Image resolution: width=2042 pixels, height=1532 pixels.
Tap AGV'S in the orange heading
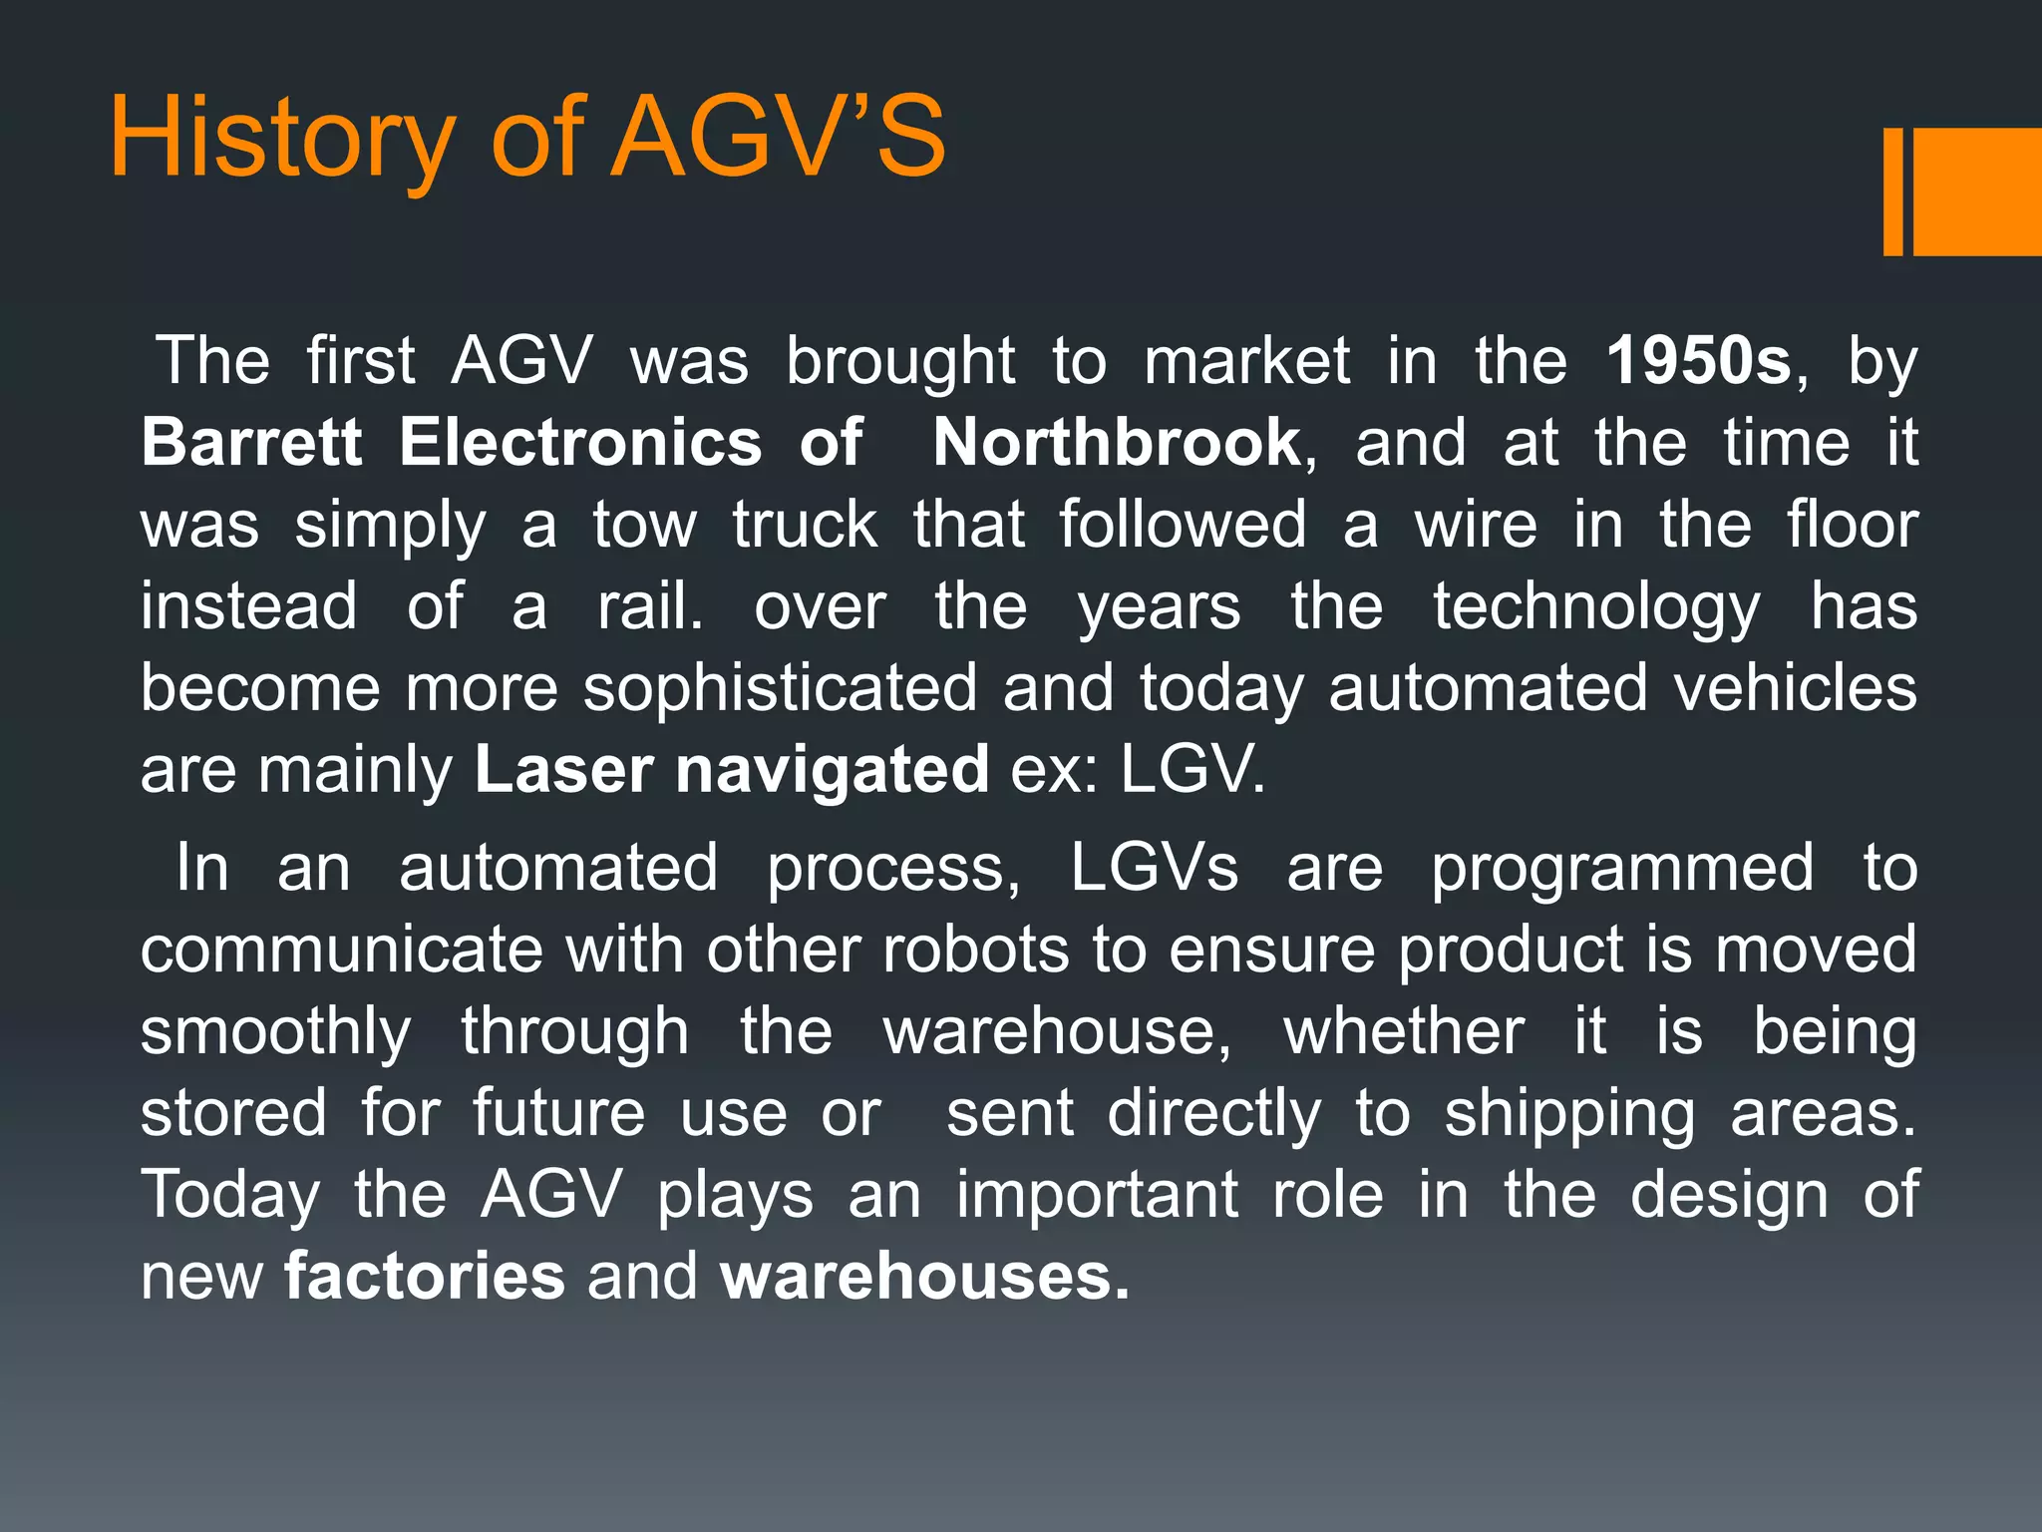(778, 137)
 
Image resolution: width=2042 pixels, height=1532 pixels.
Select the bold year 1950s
(1698, 361)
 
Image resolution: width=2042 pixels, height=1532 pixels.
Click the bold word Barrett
(251, 443)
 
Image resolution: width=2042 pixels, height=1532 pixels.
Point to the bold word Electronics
(580, 443)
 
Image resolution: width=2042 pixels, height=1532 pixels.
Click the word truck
(805, 525)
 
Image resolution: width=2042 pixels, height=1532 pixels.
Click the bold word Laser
(563, 770)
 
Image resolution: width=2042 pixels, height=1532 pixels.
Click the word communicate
(341, 950)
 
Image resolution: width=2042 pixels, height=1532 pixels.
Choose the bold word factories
(425, 1277)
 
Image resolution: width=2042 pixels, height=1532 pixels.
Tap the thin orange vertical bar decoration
(1892, 191)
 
